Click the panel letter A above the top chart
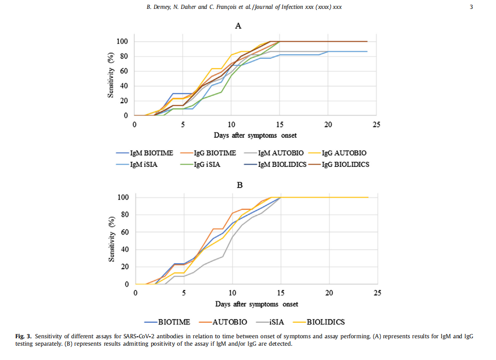tap(238, 26)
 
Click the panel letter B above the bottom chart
tap(240, 185)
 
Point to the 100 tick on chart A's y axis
tap(123, 41)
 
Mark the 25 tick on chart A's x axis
tap(376, 124)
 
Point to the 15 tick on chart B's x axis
tap(281, 293)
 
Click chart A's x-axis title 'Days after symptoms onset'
tap(255, 135)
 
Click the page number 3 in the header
tap(471, 7)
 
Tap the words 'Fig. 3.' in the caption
tap(23, 336)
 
